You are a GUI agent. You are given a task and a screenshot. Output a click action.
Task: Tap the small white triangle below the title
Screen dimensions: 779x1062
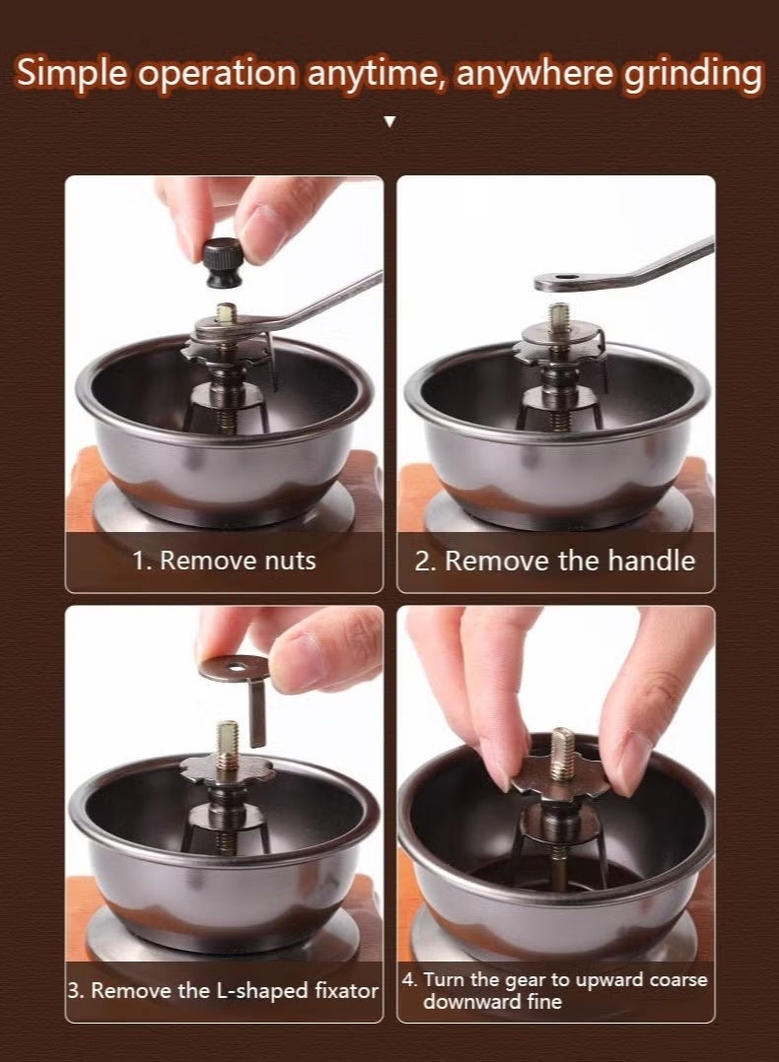point(389,122)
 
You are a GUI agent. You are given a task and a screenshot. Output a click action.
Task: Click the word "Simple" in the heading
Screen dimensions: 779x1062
point(71,73)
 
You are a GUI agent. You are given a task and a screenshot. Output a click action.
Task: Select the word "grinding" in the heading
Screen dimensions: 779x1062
point(692,73)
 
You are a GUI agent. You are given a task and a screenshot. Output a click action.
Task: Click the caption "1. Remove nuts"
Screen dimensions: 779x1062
point(224,561)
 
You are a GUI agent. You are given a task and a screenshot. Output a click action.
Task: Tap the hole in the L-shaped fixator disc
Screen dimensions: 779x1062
point(235,667)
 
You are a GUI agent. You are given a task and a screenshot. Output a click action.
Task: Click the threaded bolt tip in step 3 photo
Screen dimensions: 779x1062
point(227,736)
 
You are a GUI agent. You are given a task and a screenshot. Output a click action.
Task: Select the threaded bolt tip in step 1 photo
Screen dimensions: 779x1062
point(227,313)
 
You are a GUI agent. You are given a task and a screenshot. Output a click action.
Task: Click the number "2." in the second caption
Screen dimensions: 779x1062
point(424,562)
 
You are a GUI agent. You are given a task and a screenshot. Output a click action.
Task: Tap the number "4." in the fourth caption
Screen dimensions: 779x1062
point(409,979)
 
